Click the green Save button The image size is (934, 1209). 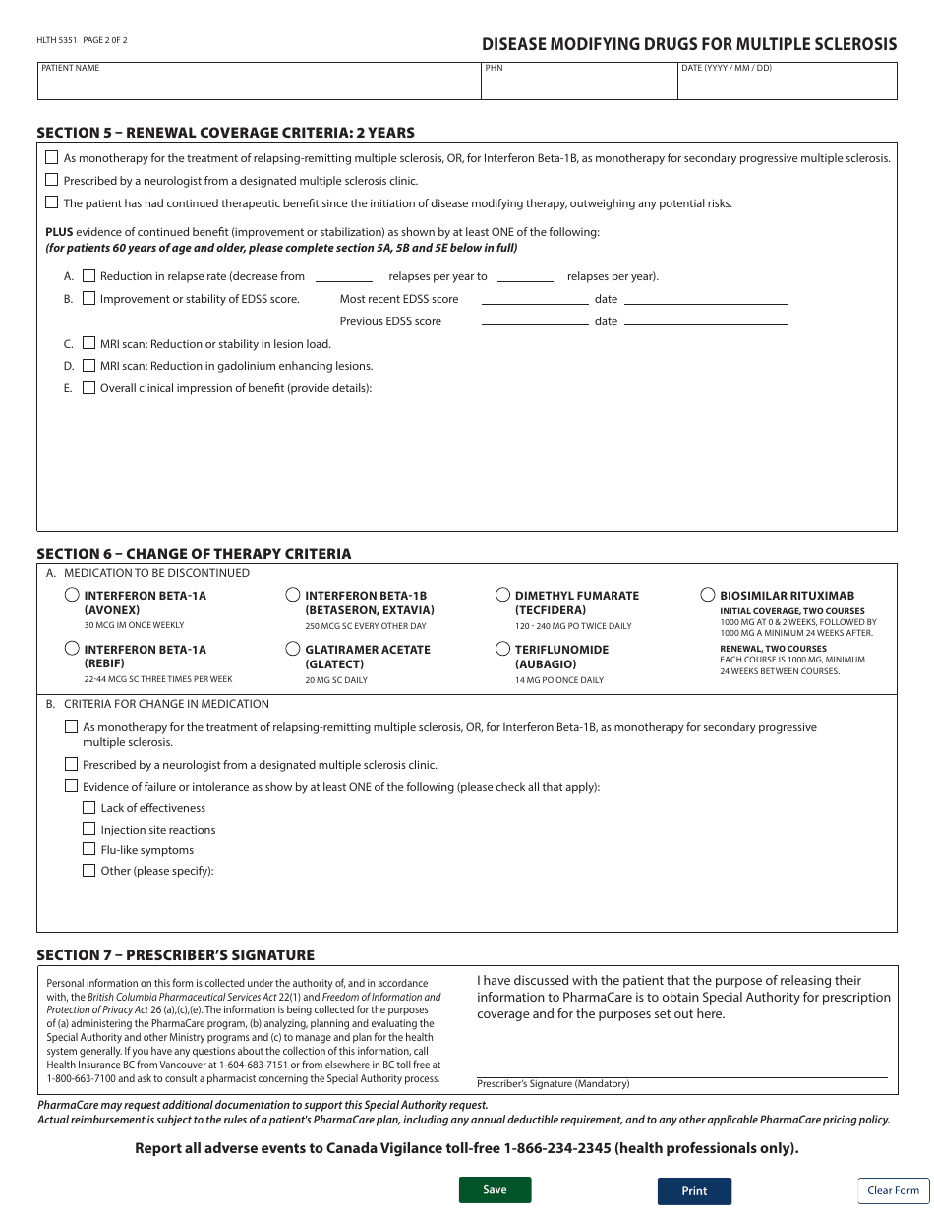point(495,1189)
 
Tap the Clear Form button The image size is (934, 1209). point(893,1190)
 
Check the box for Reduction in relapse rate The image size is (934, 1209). point(89,276)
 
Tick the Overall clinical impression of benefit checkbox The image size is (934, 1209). point(89,387)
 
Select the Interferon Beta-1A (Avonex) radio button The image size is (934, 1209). point(72,595)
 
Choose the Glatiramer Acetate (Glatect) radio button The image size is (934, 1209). point(293,649)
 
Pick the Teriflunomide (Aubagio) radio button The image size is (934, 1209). point(503,649)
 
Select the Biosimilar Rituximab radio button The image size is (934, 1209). point(708,595)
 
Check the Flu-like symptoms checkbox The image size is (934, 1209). point(89,849)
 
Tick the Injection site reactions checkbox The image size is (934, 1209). point(89,829)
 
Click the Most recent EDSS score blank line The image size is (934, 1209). point(534,300)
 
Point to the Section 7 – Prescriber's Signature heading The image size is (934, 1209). point(175,955)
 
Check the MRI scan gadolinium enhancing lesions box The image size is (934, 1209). point(89,365)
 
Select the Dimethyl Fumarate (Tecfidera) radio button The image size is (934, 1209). point(503,595)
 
